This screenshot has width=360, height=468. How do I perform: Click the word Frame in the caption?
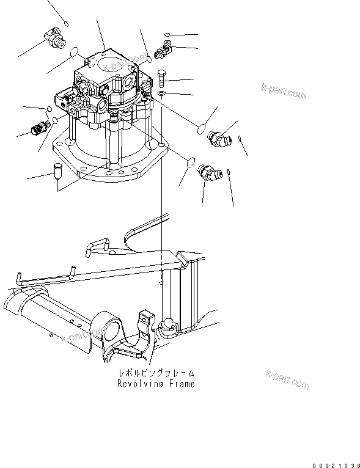tap(182, 384)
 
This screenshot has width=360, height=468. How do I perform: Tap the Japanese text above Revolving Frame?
tap(156, 373)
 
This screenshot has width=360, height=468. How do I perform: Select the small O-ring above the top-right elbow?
tap(167, 34)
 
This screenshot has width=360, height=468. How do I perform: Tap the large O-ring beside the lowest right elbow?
tap(191, 163)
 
